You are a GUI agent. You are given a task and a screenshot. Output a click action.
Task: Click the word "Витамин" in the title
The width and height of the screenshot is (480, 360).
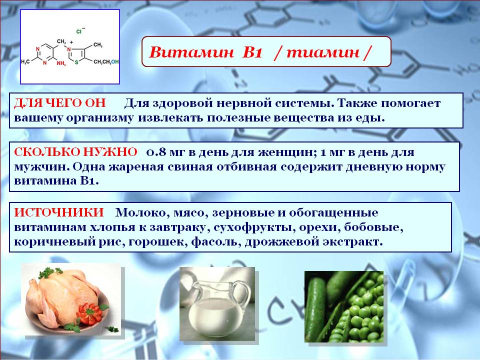click(x=190, y=52)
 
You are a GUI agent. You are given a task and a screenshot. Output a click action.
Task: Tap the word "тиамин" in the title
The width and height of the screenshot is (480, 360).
click(x=323, y=52)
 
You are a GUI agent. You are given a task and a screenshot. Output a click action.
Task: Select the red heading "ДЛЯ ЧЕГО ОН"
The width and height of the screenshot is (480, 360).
click(x=60, y=103)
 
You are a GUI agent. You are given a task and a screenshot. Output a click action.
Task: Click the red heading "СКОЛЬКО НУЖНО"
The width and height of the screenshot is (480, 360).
click(x=75, y=152)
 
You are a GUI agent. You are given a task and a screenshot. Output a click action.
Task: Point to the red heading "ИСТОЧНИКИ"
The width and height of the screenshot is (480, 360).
click(x=59, y=212)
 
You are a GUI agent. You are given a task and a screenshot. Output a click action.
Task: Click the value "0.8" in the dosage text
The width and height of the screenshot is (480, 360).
click(x=156, y=152)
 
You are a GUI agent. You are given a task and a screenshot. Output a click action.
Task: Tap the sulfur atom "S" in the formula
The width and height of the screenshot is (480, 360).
click(x=76, y=62)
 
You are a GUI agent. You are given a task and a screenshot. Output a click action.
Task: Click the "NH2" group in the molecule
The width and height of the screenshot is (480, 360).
click(x=60, y=63)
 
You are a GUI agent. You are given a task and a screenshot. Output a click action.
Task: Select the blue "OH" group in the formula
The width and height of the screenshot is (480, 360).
click(x=115, y=62)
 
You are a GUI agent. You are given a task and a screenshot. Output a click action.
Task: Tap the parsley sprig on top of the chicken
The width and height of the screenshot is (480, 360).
click(x=50, y=272)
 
